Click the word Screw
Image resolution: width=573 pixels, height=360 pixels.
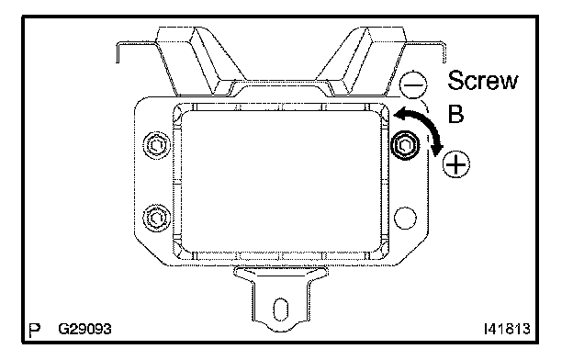(x=482, y=81)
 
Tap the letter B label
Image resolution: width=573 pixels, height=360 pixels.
(x=455, y=114)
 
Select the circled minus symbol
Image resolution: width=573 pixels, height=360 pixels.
(x=413, y=84)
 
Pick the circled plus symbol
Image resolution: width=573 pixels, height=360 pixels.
(x=456, y=164)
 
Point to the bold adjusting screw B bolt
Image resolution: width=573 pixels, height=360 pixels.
(x=405, y=145)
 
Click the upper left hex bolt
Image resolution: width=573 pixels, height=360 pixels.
(x=157, y=145)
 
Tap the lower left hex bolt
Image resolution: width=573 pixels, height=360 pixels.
(x=157, y=218)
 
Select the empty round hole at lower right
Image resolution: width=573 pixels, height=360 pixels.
(x=405, y=218)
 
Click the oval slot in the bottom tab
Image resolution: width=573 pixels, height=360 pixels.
(x=281, y=309)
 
